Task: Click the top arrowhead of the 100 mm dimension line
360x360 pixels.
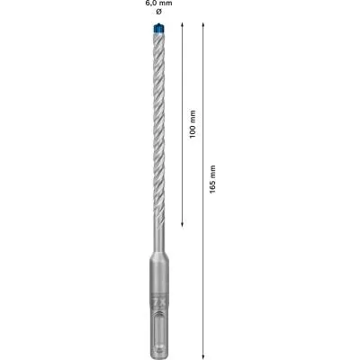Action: [183, 27]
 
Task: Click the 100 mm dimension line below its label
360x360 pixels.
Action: [183, 180]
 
